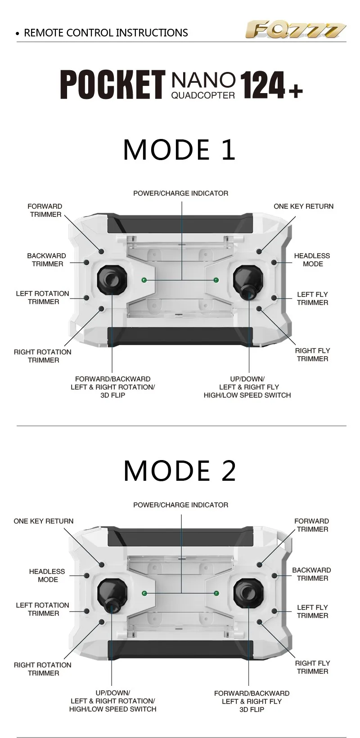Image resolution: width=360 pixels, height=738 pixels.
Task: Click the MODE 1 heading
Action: click(x=180, y=150)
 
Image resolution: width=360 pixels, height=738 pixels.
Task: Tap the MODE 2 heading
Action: click(x=180, y=470)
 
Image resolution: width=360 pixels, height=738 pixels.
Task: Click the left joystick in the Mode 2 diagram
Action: click(x=112, y=595)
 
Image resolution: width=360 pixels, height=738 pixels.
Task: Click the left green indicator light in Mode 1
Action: click(x=144, y=280)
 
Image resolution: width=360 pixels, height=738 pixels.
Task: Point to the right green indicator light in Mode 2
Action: click(x=216, y=594)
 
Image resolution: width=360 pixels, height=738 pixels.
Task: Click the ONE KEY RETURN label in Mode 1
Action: click(x=303, y=206)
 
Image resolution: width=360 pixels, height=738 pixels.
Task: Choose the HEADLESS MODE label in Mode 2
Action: click(x=47, y=576)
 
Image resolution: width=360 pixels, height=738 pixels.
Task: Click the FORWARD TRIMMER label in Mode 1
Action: click(x=45, y=210)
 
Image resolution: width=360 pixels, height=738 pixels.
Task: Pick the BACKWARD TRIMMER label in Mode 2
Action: click(x=311, y=574)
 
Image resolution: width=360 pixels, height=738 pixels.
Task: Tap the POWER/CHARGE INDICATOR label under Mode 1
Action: click(x=180, y=193)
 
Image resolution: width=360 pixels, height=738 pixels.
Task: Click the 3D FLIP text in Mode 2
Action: click(x=252, y=709)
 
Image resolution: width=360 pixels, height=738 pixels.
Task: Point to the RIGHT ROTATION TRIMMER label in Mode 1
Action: click(x=43, y=356)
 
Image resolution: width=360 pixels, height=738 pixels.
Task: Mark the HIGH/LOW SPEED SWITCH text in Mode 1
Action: click(x=247, y=395)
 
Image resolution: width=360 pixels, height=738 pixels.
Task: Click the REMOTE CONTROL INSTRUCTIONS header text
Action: click(x=106, y=33)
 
